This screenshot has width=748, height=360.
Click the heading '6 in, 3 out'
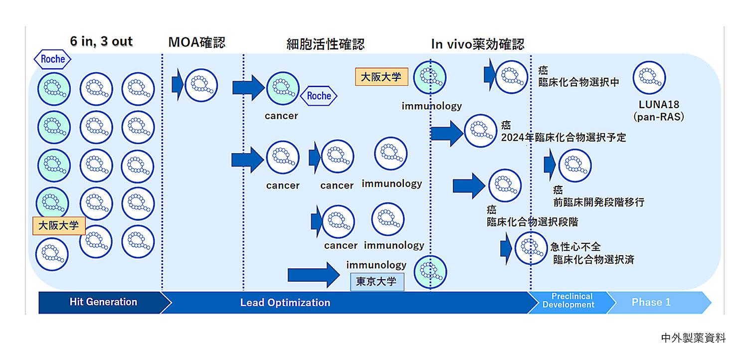pyautogui.click(x=101, y=41)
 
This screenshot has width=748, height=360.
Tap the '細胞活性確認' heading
pyautogui.click(x=325, y=44)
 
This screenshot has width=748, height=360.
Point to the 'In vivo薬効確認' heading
pyautogui.click(x=477, y=44)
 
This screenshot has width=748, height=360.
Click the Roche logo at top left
pyautogui.click(x=52, y=59)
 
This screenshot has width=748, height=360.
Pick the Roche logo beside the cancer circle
pyautogui.click(x=319, y=96)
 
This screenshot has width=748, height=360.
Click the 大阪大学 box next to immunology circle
pyautogui.click(x=381, y=77)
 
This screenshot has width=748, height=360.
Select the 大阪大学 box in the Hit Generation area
pyautogui.click(x=58, y=225)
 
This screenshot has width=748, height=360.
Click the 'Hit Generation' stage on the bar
pyautogui.click(x=103, y=302)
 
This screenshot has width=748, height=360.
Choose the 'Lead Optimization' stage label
pyautogui.click(x=285, y=303)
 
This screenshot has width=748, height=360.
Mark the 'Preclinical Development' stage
pyautogui.click(x=568, y=301)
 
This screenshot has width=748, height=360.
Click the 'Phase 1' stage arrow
pyautogui.click(x=651, y=302)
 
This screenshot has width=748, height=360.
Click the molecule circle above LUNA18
pyautogui.click(x=649, y=78)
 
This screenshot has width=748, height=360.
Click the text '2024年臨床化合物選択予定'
pyautogui.click(x=563, y=137)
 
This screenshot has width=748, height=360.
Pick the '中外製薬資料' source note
pyautogui.click(x=693, y=338)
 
